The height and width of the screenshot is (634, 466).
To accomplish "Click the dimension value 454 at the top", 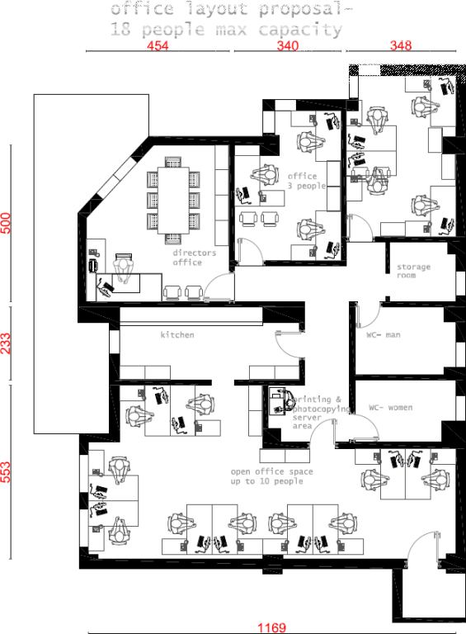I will [x=158, y=46].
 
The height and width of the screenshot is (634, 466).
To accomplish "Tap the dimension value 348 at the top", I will [x=401, y=46].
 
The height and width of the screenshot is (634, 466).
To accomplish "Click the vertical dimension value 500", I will [x=6, y=224].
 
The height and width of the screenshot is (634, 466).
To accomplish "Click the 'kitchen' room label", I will [x=177, y=335].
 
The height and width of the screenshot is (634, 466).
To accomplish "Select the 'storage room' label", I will [x=413, y=271].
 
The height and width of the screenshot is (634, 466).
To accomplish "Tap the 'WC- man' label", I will [x=384, y=335].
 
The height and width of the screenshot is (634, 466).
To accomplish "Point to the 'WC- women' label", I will [x=390, y=408].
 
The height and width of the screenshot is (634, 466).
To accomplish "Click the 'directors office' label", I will [x=194, y=258].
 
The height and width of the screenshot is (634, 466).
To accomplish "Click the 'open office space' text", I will [x=271, y=471].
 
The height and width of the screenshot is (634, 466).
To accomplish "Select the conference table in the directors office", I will [x=173, y=200].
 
